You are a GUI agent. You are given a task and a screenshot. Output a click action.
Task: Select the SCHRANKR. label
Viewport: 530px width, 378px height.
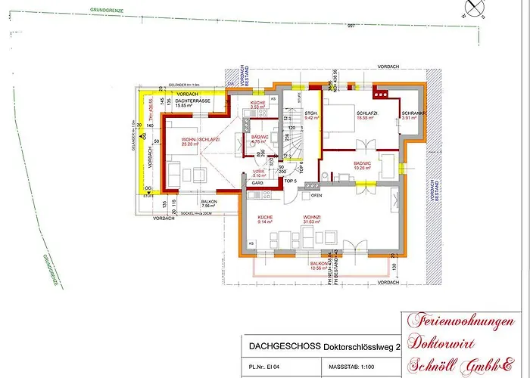click(x=414, y=114)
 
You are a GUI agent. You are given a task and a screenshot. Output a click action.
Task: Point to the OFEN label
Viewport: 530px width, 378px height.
click(x=316, y=195)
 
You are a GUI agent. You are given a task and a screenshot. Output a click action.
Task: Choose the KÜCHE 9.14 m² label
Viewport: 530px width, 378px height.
click(x=266, y=219)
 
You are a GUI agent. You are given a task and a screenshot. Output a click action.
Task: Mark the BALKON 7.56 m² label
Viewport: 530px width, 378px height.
click(x=209, y=203)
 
